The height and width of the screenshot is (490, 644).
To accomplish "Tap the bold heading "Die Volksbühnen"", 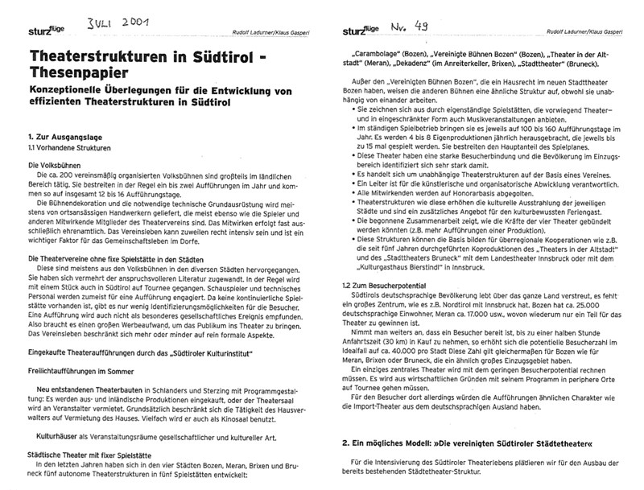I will (57, 165).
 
